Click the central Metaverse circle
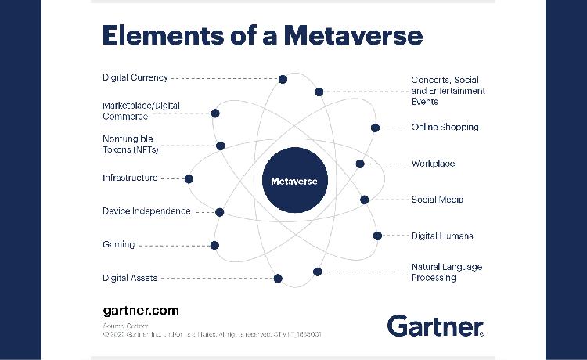point(293,181)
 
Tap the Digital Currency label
point(135,77)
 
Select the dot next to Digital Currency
point(283,79)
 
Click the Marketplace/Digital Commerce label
point(141,110)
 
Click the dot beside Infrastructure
point(189,178)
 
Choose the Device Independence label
point(146,211)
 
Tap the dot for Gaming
point(214,245)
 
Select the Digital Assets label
point(130,278)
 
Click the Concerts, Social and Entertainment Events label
point(448,91)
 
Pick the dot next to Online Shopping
point(375,128)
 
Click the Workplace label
point(433,164)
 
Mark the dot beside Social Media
point(365,200)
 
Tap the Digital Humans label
point(442,236)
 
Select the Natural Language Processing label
point(446,272)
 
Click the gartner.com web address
point(141,311)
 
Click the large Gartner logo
point(435,325)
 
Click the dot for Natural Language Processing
point(317,272)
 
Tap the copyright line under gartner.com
point(211,334)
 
